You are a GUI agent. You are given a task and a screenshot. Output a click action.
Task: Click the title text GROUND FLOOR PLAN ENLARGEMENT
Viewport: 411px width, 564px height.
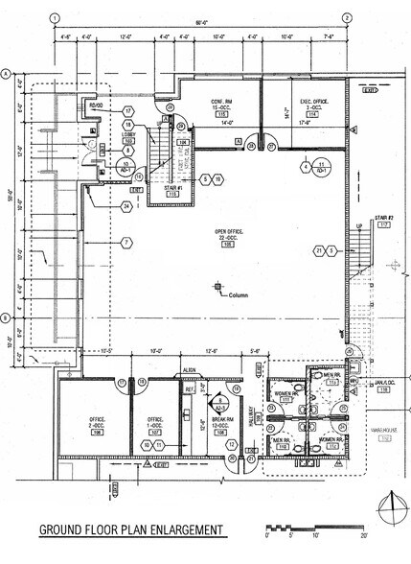pos(131,529)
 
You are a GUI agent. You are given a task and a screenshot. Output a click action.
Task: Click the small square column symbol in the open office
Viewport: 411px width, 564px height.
pos(218,287)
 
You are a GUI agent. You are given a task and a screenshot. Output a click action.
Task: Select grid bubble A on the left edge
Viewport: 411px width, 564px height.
pos(7,74)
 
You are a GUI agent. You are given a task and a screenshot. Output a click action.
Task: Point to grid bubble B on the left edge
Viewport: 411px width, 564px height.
pos(7,317)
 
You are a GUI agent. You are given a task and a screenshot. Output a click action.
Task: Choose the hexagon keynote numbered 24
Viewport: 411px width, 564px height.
pos(126,205)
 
